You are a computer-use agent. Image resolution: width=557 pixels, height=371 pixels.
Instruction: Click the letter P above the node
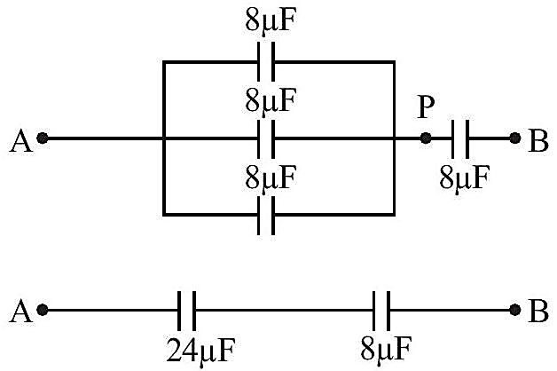pyautogui.click(x=426, y=107)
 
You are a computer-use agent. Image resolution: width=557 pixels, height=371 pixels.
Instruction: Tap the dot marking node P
pyautogui.click(x=426, y=138)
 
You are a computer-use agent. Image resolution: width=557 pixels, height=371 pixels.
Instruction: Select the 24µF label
pyautogui.click(x=200, y=350)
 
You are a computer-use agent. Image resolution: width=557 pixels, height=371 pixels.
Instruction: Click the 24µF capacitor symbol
pyautogui.click(x=186, y=311)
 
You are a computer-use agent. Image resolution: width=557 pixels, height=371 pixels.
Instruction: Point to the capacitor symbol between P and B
pyautogui.click(x=460, y=139)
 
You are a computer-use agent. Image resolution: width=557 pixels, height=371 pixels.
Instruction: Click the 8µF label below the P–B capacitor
pyautogui.click(x=464, y=178)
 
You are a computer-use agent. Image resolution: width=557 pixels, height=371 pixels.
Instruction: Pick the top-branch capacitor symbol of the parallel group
pyautogui.click(x=266, y=62)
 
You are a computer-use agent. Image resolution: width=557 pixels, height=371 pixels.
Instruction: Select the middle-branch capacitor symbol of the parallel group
pyautogui.click(x=266, y=139)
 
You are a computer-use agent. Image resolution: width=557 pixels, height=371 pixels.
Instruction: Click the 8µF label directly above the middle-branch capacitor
pyautogui.click(x=271, y=101)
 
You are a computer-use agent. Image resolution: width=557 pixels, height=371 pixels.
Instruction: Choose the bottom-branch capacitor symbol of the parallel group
pyautogui.click(x=266, y=216)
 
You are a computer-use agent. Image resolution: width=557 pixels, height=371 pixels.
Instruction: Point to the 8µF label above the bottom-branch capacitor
pyautogui.click(x=271, y=178)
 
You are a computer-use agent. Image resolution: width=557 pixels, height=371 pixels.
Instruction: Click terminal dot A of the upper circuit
pyautogui.click(x=43, y=138)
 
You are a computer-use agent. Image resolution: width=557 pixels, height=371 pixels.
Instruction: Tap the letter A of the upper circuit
pyautogui.click(x=21, y=141)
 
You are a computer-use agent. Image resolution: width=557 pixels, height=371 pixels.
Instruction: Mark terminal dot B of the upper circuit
pyautogui.click(x=515, y=138)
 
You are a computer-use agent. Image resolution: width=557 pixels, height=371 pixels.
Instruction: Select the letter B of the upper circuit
pyautogui.click(x=537, y=141)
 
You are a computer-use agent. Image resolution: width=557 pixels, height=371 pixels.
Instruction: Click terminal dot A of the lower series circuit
pyautogui.click(x=43, y=310)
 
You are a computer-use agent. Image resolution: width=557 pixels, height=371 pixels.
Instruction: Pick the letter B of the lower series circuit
pyautogui.click(x=537, y=312)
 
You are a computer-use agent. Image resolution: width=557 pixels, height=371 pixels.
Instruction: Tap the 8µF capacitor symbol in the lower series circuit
pyautogui.click(x=382, y=311)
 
